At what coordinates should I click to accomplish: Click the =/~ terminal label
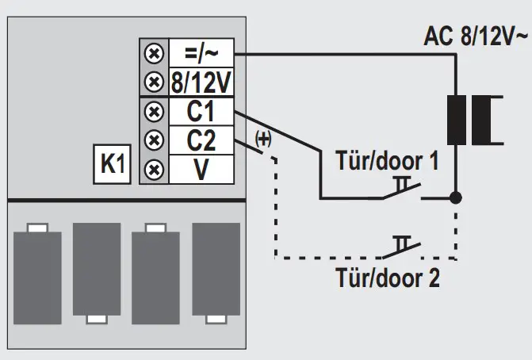click(x=202, y=52)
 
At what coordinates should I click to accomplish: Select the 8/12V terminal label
click(x=202, y=82)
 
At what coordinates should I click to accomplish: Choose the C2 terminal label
click(x=202, y=140)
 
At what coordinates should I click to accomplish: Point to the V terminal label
click(x=202, y=169)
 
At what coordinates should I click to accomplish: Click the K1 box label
click(x=111, y=165)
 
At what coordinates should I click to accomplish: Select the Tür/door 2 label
click(x=388, y=278)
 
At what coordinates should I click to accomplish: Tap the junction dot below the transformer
click(x=455, y=196)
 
